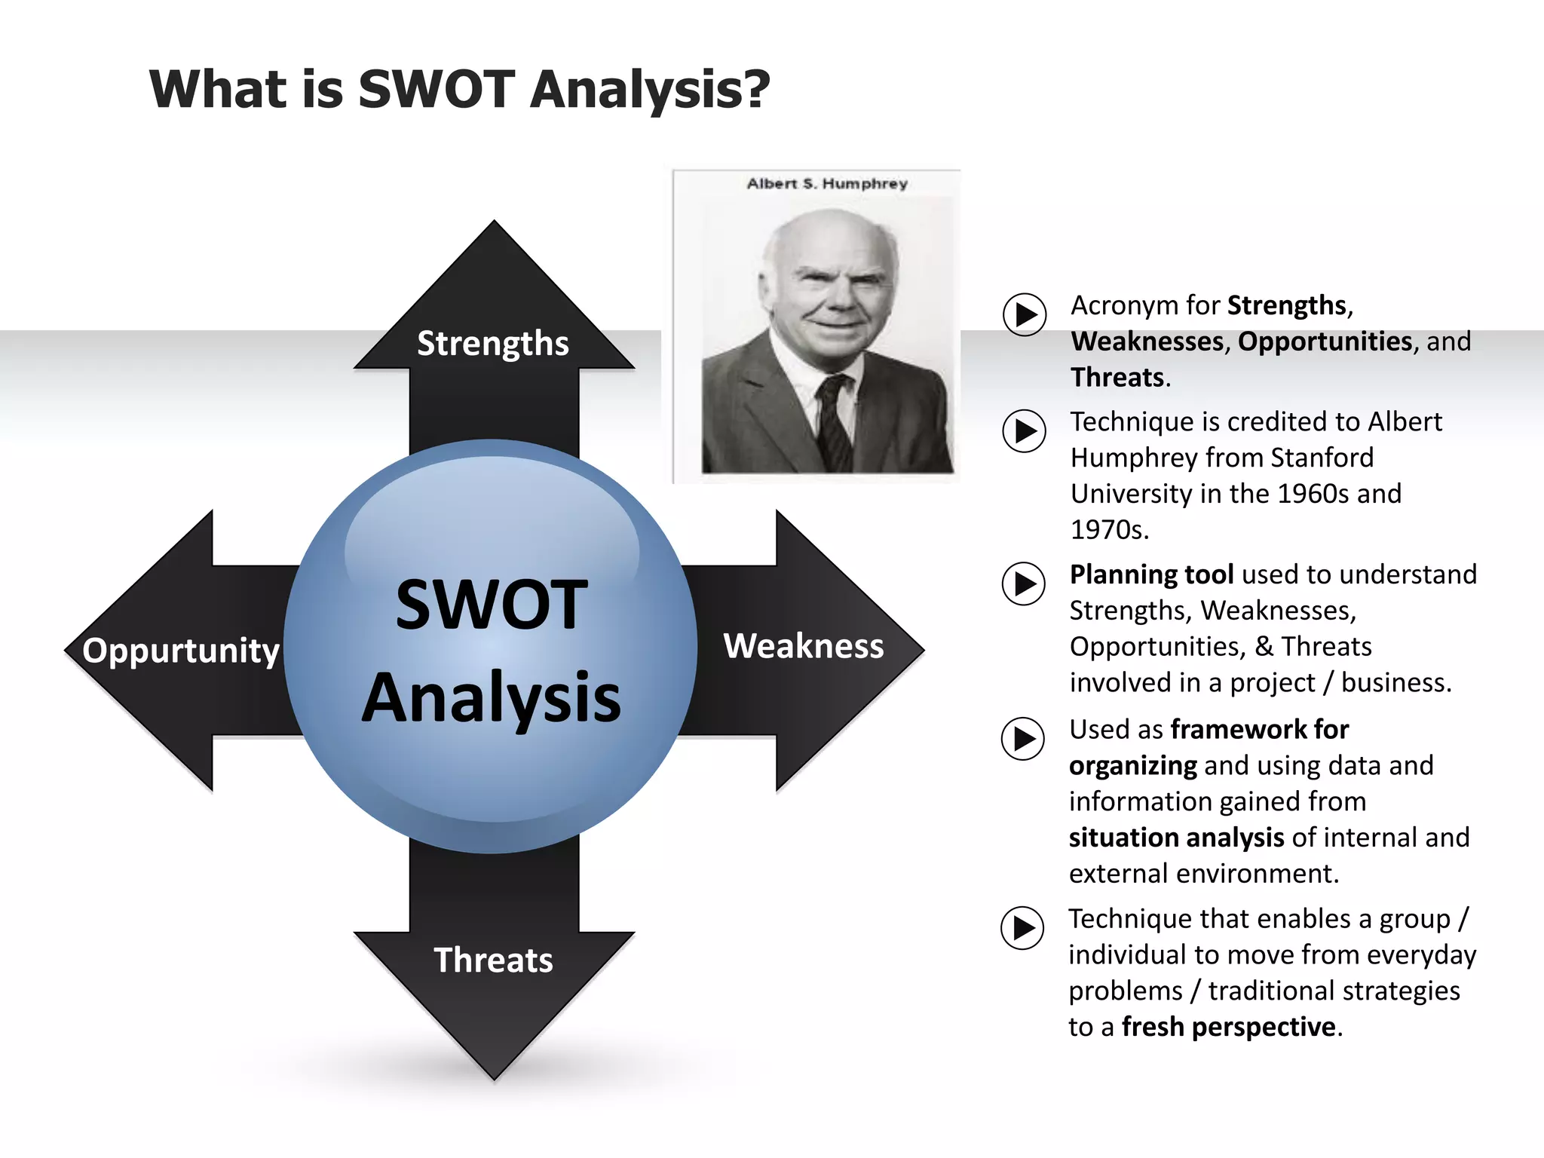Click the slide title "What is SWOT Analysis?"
[459, 90]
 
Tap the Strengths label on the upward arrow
[493, 344]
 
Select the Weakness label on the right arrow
[804, 646]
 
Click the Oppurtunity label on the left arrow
[181, 650]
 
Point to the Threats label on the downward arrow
[493, 960]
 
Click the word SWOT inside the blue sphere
[492, 605]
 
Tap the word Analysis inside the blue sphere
[492, 697]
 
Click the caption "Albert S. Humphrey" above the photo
[827, 184]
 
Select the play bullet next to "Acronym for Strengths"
[1025, 314]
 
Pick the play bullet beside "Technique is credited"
[1025, 430]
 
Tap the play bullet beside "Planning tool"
[1024, 583]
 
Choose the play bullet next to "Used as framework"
[1023, 738]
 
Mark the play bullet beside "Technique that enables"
[1022, 927]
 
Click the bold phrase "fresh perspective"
[1229, 1027]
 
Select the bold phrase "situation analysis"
[1176, 838]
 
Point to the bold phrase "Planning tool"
[1151, 574]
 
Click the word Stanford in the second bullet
[1322, 458]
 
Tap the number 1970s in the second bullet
[1108, 530]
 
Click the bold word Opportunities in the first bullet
[1325, 342]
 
